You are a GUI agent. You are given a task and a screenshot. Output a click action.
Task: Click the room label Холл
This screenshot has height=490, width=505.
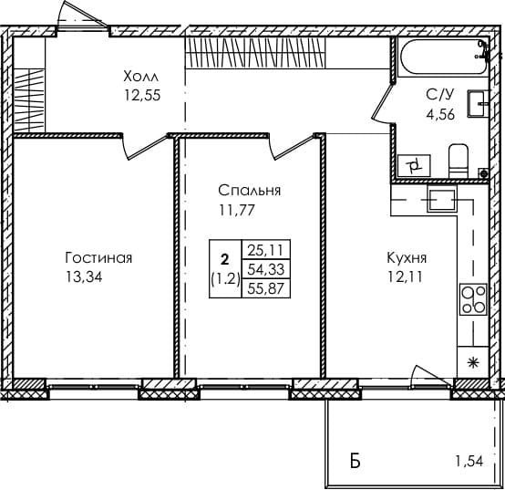[x=141, y=77]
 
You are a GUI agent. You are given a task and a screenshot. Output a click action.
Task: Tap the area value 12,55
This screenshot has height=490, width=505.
[x=142, y=95]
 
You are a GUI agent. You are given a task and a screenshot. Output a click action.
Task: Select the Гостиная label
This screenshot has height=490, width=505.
[x=98, y=258]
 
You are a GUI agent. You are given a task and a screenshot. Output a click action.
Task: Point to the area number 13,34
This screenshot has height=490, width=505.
[x=84, y=276]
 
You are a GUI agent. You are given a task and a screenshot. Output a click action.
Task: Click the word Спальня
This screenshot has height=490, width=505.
[x=249, y=191]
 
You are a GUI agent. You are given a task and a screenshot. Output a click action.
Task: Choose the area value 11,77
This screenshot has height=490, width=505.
[x=237, y=210]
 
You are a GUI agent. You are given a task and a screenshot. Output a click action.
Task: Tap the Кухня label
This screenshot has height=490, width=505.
[x=407, y=258]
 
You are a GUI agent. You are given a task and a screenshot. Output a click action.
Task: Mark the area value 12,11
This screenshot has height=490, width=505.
[x=405, y=276]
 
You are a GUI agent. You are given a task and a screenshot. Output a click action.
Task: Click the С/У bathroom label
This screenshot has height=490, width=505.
[x=439, y=95]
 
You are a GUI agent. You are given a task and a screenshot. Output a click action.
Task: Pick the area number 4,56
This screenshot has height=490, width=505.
[x=440, y=114]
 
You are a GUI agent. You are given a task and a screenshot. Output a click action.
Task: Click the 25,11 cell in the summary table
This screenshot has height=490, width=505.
[x=265, y=249]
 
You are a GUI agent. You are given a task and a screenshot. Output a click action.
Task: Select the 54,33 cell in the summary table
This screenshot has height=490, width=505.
[x=265, y=269]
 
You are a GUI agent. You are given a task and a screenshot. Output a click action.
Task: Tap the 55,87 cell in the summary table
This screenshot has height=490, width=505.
[x=265, y=287]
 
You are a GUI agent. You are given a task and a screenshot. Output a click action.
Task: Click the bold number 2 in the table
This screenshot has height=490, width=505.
[x=225, y=258]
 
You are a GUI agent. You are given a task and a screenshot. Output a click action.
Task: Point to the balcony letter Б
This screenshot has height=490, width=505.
[x=355, y=462]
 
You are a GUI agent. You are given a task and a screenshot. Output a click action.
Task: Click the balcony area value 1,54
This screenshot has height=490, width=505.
[x=469, y=462]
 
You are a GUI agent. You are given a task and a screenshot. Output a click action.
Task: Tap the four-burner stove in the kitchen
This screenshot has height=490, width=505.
[x=473, y=300]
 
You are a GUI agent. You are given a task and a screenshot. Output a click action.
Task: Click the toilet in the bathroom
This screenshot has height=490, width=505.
[x=459, y=161]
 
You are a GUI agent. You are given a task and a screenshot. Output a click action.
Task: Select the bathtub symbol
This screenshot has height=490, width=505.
[x=444, y=57]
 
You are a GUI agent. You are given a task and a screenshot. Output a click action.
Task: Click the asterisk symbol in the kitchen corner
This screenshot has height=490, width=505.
[x=473, y=363]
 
